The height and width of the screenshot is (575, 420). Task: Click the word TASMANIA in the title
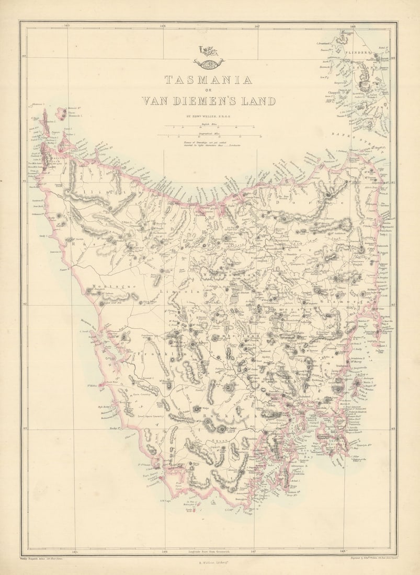pos(208,80)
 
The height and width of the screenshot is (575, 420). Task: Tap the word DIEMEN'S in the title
pos(208,101)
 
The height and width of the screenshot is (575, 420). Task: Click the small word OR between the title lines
pos(208,90)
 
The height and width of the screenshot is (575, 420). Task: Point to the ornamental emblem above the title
pos(208,56)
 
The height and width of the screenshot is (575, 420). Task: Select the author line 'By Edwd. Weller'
pos(208,117)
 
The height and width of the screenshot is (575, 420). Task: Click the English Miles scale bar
pos(208,127)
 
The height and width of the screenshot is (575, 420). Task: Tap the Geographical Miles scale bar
pos(208,136)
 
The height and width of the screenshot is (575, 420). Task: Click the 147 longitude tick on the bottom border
pos(254,550)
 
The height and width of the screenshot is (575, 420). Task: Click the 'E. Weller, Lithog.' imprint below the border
pos(208,563)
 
